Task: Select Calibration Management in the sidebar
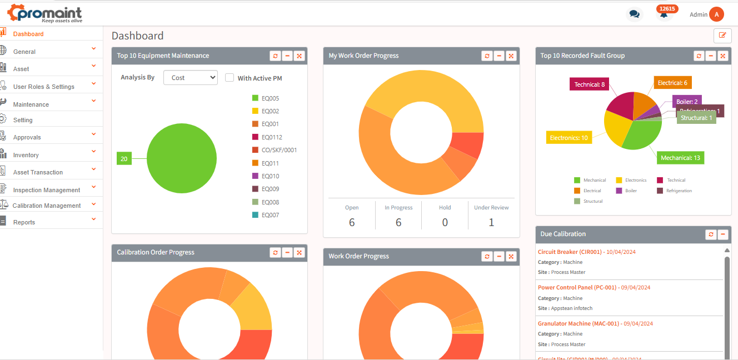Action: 47,206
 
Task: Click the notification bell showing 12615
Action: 664,14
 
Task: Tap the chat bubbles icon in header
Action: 634,14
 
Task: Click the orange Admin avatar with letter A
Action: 717,14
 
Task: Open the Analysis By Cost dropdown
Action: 190,78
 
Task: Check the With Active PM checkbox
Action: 230,78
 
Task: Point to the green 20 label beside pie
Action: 124,159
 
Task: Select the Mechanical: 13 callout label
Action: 680,158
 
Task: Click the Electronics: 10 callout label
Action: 569,138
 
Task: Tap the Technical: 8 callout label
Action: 589,84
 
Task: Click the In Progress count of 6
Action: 398,222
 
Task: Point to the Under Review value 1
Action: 491,222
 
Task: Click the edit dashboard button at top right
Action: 722,35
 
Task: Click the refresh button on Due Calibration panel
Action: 711,234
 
